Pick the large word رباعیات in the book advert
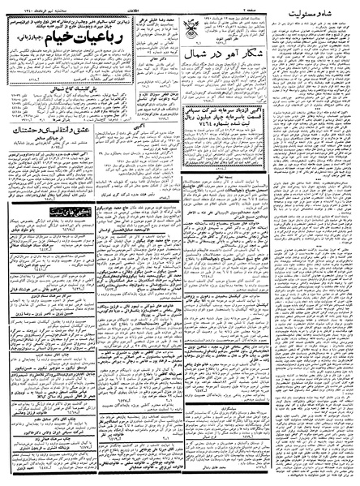click(x=121, y=57)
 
